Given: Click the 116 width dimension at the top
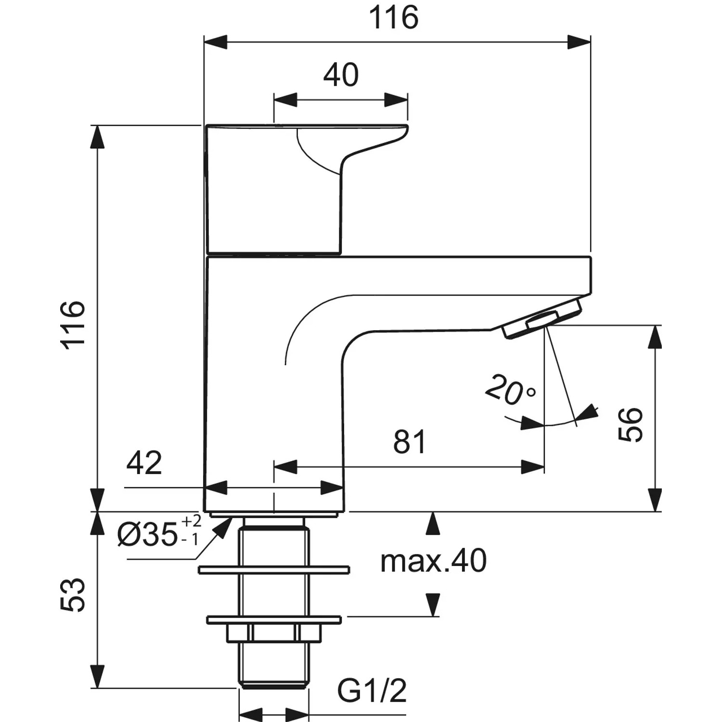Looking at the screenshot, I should [x=393, y=18].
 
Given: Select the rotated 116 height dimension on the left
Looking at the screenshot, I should [x=73, y=322].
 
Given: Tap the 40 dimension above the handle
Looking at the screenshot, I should [x=341, y=75].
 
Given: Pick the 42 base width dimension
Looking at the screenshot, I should [x=144, y=463].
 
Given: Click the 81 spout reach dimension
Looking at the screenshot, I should [x=410, y=442].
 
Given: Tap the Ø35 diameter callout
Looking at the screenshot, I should [x=147, y=535].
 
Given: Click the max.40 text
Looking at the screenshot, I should [x=433, y=561].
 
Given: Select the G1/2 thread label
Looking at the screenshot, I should [x=372, y=691].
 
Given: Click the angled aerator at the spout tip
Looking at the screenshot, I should [x=542, y=320].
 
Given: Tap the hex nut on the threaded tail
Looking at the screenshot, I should [x=273, y=632].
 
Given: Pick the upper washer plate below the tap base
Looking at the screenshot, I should [x=273, y=570].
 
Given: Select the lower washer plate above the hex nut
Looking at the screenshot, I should [x=273, y=619].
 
